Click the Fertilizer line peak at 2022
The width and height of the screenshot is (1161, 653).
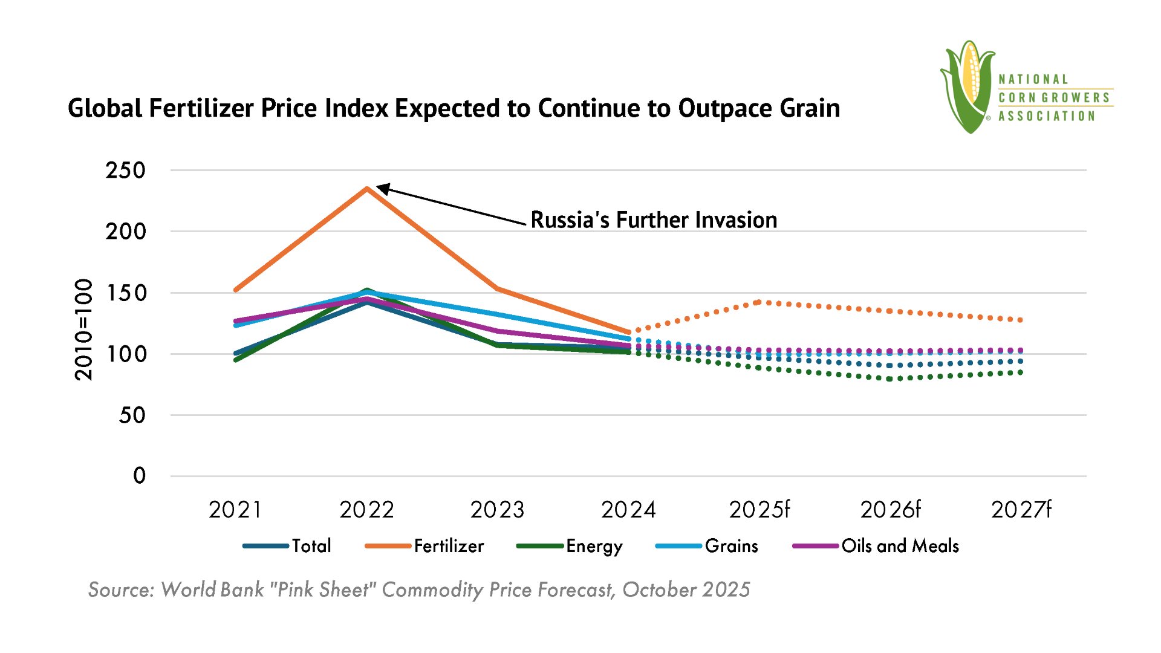367,188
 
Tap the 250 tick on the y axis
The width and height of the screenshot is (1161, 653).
126,171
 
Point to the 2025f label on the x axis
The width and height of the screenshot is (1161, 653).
759,510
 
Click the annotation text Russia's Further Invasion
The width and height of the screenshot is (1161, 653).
654,220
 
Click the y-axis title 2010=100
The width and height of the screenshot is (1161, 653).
84,330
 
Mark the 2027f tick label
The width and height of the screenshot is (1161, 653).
1021,510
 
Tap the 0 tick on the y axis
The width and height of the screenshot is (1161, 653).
139,476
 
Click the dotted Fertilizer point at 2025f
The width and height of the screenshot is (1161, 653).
759,301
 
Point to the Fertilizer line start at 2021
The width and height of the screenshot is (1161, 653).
235,290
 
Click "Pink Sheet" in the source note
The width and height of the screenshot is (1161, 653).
322,590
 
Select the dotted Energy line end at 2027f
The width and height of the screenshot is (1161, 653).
1021,372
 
